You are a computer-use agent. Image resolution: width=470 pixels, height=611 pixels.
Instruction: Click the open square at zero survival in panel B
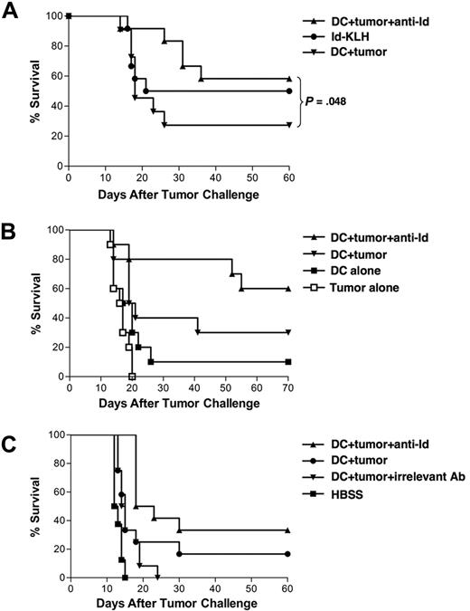[x=132, y=376]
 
